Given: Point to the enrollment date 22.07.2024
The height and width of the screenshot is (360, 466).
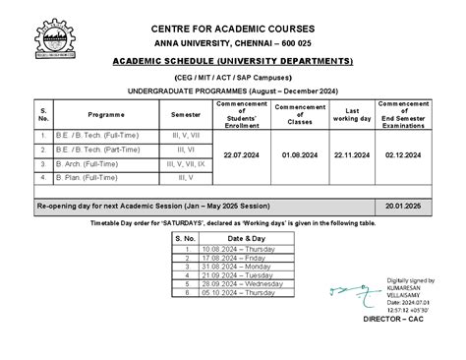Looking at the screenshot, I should click(241, 155).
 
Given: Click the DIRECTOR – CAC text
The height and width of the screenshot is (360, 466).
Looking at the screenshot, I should click(393, 321).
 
